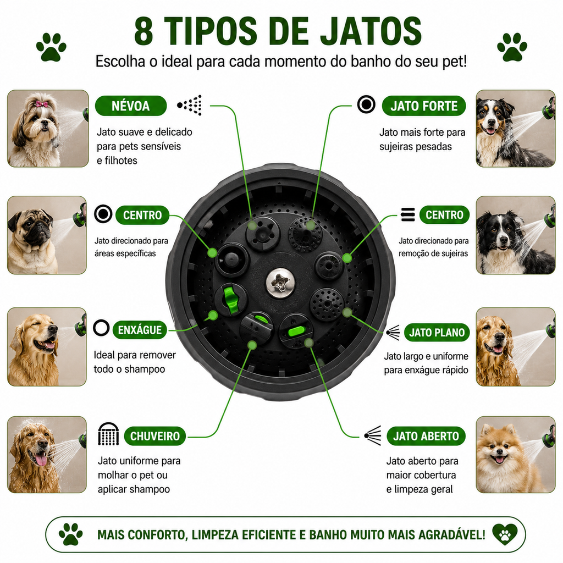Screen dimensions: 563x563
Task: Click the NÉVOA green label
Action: pyautogui.click(x=131, y=106)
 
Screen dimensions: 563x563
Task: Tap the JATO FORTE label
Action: pyautogui.click(x=424, y=106)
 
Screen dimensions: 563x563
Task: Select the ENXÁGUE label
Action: pyautogui.click(x=140, y=330)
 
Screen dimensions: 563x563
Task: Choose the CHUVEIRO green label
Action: pyautogui.click(x=154, y=436)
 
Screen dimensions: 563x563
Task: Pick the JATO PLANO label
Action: pyautogui.click(x=437, y=333)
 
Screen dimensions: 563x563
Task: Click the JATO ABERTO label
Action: pyautogui.click(x=426, y=436)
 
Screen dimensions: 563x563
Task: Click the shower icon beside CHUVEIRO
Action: pyautogui.click(x=108, y=434)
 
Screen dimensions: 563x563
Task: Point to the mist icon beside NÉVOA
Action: pyautogui.click(x=190, y=105)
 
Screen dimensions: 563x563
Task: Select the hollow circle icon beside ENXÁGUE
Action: pyautogui.click(x=101, y=328)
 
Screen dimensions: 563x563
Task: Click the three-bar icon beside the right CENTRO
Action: pyautogui.click(x=408, y=215)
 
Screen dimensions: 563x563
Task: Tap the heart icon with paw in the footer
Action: pyautogui.click(x=505, y=534)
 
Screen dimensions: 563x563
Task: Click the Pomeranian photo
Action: pyautogui.click(x=516, y=455)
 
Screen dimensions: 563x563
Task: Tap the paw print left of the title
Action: pyautogui.click(x=51, y=47)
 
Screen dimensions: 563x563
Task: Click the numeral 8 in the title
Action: pyautogui.click(x=144, y=31)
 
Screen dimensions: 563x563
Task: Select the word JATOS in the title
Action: pyautogui.click(x=371, y=31)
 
